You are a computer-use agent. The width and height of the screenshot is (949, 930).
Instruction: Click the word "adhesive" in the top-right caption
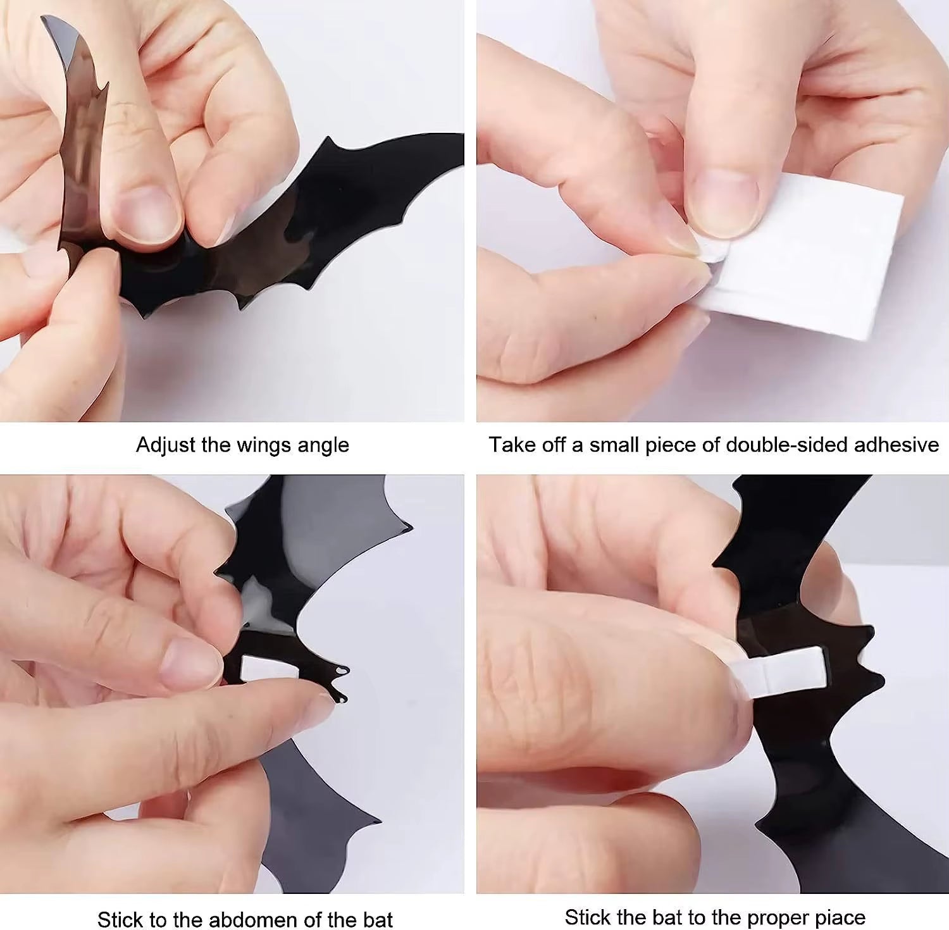896,445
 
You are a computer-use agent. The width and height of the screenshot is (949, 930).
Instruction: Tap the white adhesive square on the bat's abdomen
266,667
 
